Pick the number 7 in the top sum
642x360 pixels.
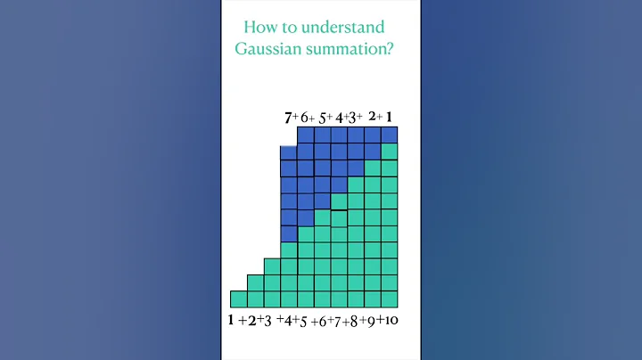[x=288, y=118]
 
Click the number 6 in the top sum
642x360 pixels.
[x=306, y=118]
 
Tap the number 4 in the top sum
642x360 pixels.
[x=340, y=118]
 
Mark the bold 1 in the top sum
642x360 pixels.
[x=389, y=117]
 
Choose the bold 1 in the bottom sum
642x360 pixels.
[x=230, y=319]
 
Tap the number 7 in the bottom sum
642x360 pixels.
[x=337, y=320]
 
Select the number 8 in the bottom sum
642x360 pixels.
[x=353, y=320]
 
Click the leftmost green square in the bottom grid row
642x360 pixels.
[x=238, y=299]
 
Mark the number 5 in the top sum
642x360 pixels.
[x=323, y=118]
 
